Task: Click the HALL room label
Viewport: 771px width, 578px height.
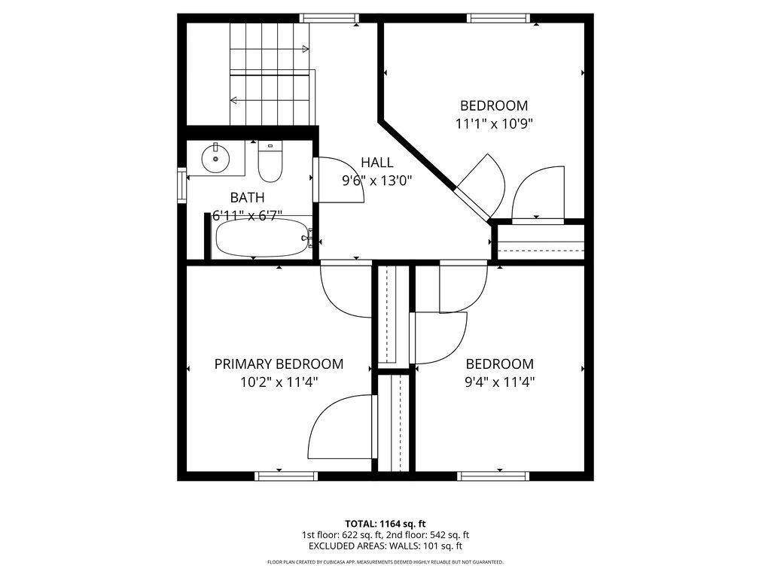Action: pyautogui.click(x=376, y=162)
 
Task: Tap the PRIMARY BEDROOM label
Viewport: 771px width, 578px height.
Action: pyautogui.click(x=279, y=364)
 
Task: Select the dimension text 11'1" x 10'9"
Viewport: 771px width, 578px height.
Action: pyautogui.click(x=494, y=123)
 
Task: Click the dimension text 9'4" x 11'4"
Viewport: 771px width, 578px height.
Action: pyautogui.click(x=499, y=382)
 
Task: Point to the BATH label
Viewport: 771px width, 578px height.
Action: pyautogui.click(x=247, y=198)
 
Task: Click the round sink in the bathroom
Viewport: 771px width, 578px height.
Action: pyautogui.click(x=216, y=158)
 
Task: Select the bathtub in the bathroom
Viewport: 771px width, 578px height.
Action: pyautogui.click(x=261, y=239)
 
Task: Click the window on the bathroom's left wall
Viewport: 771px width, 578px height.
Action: pyautogui.click(x=181, y=185)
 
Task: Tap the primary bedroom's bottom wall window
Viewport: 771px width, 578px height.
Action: pyautogui.click(x=286, y=476)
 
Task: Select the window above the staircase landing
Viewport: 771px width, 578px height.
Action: pyautogui.click(x=328, y=18)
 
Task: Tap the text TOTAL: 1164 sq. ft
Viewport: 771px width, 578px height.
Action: pyautogui.click(x=385, y=523)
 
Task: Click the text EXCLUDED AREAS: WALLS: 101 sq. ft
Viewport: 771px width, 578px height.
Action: pyautogui.click(x=385, y=546)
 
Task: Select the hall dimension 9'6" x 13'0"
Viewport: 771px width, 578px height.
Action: pyautogui.click(x=376, y=181)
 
